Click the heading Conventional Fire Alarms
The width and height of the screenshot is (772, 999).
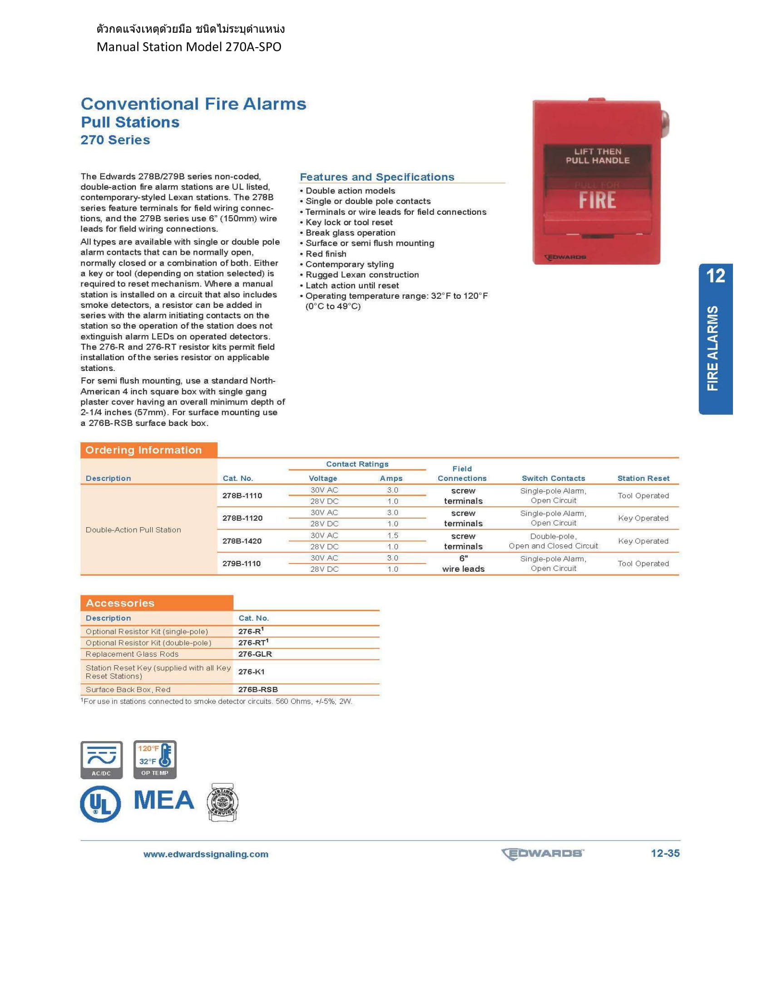click(193, 104)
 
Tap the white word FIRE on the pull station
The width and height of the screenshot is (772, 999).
click(597, 200)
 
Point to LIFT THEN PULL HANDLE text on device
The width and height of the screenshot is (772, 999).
click(597, 156)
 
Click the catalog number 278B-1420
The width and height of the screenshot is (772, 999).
click(242, 541)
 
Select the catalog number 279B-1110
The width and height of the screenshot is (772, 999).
click(242, 564)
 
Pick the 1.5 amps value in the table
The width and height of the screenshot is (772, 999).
click(392, 535)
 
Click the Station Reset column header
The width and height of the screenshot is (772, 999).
click(643, 478)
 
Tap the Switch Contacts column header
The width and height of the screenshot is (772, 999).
click(554, 478)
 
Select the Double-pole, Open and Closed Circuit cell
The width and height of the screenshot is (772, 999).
click(554, 541)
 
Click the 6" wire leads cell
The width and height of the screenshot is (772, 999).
click(463, 564)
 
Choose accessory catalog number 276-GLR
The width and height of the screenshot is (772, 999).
click(255, 654)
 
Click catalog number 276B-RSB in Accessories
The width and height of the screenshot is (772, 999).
click(258, 689)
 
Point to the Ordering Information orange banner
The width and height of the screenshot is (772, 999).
click(148, 450)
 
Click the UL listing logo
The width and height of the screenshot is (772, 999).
click(101, 804)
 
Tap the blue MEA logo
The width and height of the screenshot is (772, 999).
click(164, 800)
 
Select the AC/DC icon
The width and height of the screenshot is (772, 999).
click(102, 760)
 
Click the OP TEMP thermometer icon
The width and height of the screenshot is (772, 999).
click(155, 759)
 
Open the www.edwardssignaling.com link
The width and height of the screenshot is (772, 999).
click(206, 854)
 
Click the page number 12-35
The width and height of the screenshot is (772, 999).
click(665, 853)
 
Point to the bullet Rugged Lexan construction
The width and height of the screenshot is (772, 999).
click(362, 275)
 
